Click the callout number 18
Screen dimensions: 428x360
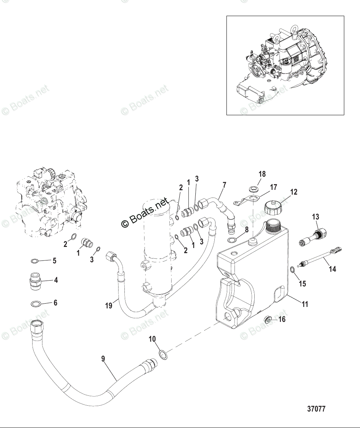click(262, 174)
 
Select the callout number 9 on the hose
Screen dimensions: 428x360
click(103, 359)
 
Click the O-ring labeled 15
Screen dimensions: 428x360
click(293, 270)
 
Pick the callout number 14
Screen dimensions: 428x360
click(332, 269)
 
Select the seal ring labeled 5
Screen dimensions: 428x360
click(34, 261)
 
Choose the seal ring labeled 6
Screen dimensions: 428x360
click(35, 304)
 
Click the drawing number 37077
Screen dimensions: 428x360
click(316, 409)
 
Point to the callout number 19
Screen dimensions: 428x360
click(109, 305)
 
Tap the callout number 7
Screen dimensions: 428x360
click(224, 185)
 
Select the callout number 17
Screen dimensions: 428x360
click(273, 187)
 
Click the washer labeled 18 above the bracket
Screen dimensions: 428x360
click(252, 189)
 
